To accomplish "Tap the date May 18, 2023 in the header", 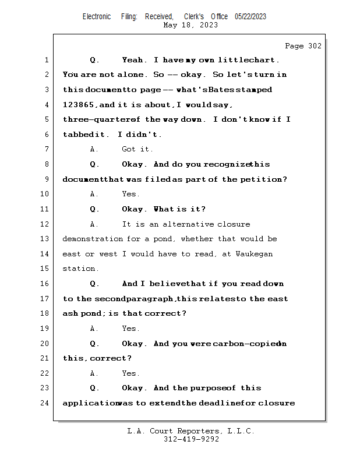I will [x=190, y=25].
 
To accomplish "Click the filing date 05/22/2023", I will [x=250, y=17].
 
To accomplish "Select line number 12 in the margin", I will [x=46, y=224].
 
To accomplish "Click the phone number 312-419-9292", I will [x=191, y=440].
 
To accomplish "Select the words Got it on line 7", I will [x=137, y=150].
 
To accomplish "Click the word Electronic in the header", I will [x=97, y=17].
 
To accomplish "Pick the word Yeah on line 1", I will [x=134, y=60].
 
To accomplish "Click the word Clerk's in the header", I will [x=194, y=17].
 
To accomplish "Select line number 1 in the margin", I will [x=46, y=60].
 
